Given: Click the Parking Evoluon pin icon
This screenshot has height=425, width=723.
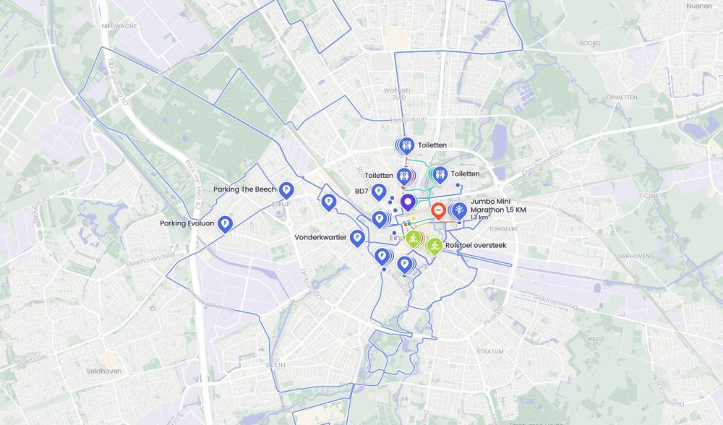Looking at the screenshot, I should [x=225, y=224].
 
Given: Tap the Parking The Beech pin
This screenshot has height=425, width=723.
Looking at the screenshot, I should [x=286, y=189].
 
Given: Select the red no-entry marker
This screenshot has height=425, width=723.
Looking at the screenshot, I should [x=438, y=210].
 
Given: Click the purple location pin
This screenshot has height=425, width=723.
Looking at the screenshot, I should [x=408, y=201].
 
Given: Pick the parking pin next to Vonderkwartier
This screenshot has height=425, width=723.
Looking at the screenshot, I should [x=356, y=236].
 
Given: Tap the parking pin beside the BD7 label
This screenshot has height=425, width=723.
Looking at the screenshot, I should [x=378, y=191].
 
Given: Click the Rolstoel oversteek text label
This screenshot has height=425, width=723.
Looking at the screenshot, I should [x=476, y=246].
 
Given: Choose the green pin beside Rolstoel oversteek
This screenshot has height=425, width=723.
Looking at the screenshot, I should [x=434, y=246].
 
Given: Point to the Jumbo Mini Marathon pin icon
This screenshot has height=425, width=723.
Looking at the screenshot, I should [x=459, y=210].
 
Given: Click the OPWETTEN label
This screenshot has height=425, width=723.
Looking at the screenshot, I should [x=621, y=97].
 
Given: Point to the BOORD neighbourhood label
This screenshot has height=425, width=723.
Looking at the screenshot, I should [x=590, y=43].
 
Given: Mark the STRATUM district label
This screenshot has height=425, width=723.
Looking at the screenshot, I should [x=489, y=351].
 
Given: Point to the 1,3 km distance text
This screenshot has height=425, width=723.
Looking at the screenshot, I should [x=479, y=218].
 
